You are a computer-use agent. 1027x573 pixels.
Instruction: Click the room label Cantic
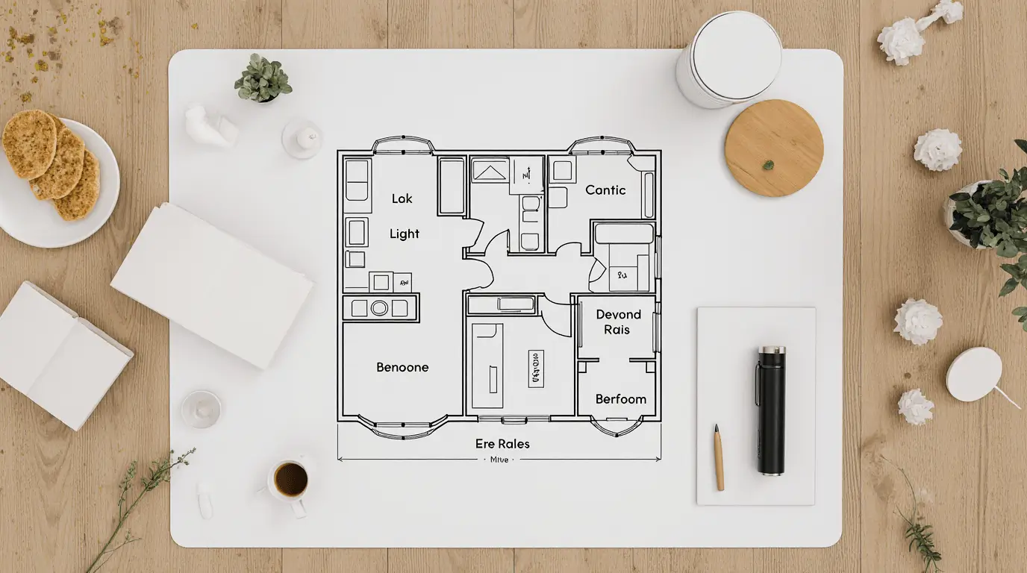point(605,190)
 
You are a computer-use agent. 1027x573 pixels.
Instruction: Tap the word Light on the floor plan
point(405,234)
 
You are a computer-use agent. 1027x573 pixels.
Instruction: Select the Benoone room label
point(402,367)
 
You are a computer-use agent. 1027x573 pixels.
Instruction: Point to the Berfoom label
point(621,399)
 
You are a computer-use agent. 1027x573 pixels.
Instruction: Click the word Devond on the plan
point(619,315)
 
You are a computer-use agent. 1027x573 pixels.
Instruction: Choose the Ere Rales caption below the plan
point(502,444)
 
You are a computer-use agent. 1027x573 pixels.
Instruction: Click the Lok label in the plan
point(402,198)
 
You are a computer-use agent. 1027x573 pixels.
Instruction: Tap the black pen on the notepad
point(771,410)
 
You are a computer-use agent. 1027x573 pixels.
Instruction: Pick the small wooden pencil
point(718,457)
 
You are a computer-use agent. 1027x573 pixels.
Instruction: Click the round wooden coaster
point(774,147)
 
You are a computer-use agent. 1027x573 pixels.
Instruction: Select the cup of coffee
point(290,480)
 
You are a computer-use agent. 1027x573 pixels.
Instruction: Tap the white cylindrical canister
point(728,60)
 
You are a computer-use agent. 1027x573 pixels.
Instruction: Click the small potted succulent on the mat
point(263,79)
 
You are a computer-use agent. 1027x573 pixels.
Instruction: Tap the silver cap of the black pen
point(771,350)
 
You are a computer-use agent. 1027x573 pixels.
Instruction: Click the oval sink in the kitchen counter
point(379,307)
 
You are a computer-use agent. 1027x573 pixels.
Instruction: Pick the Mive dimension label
point(499,460)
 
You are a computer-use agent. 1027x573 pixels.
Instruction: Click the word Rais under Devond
point(616,330)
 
